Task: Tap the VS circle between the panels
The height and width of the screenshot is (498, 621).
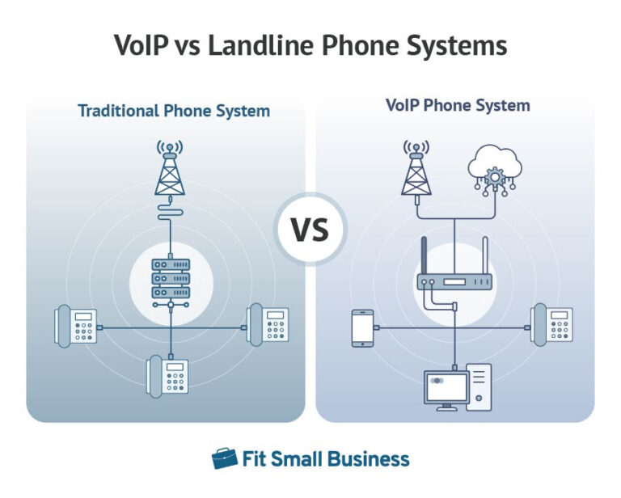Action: pos(310,230)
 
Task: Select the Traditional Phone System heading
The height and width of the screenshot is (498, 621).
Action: pos(174,111)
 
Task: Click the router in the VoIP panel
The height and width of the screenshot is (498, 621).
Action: pos(454,282)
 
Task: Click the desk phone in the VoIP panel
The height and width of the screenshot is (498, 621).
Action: pos(551,325)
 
